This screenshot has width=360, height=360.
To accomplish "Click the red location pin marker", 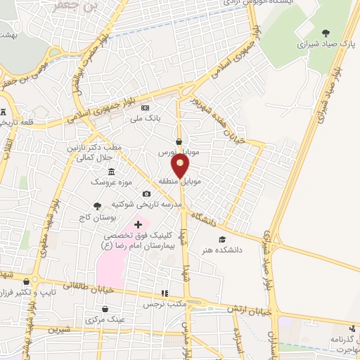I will pos(181,166).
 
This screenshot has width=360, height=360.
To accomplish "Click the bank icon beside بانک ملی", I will pos(146,108).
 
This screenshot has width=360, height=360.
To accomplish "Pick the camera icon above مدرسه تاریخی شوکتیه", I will pos(146,194).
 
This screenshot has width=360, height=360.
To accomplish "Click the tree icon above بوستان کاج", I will pos(96,206).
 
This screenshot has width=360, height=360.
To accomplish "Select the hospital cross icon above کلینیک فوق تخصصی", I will pos(138,224).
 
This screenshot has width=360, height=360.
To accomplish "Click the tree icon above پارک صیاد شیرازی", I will pos(325,32).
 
